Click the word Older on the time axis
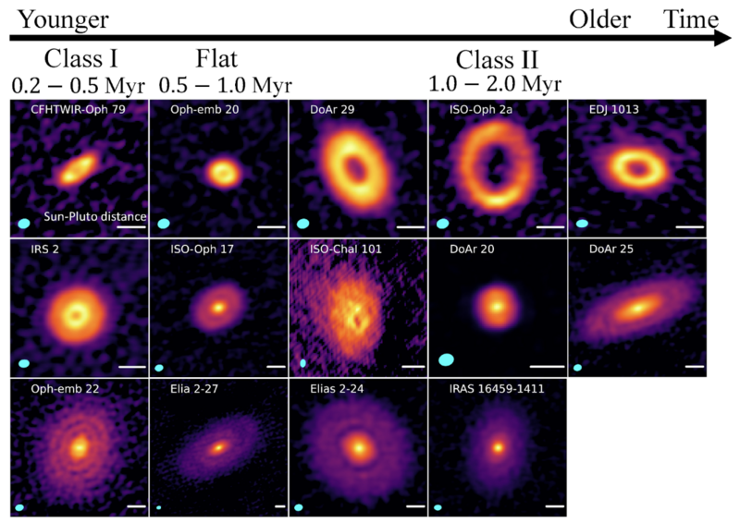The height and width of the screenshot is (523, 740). pyautogui.click(x=599, y=18)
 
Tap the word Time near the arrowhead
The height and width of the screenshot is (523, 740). pyautogui.click(x=690, y=18)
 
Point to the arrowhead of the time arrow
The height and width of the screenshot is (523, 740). pyautogui.click(x=722, y=40)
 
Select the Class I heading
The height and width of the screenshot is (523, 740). pyautogui.click(x=80, y=62)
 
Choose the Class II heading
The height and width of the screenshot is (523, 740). pyautogui.click(x=497, y=62)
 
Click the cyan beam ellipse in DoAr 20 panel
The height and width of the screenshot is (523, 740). pyautogui.click(x=446, y=359)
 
